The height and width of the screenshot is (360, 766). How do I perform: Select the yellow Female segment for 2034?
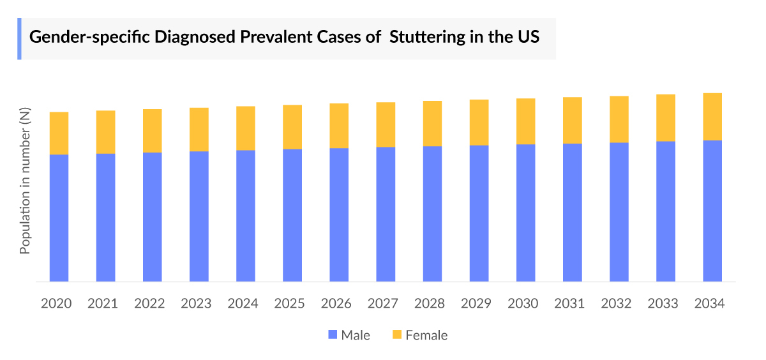[712, 117]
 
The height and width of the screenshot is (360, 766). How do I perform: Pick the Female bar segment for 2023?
[199, 130]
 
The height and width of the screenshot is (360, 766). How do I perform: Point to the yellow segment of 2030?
[525, 121]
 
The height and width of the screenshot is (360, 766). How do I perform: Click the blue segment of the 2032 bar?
[619, 212]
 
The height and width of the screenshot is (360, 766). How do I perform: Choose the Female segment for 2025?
[292, 127]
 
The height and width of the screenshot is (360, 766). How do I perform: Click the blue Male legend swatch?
[332, 335]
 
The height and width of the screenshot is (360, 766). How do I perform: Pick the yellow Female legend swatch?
[396, 335]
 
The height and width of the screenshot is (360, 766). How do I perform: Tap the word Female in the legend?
[426, 335]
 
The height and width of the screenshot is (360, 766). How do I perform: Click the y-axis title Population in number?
[25, 181]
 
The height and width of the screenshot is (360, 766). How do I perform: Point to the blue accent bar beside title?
[19, 38]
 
